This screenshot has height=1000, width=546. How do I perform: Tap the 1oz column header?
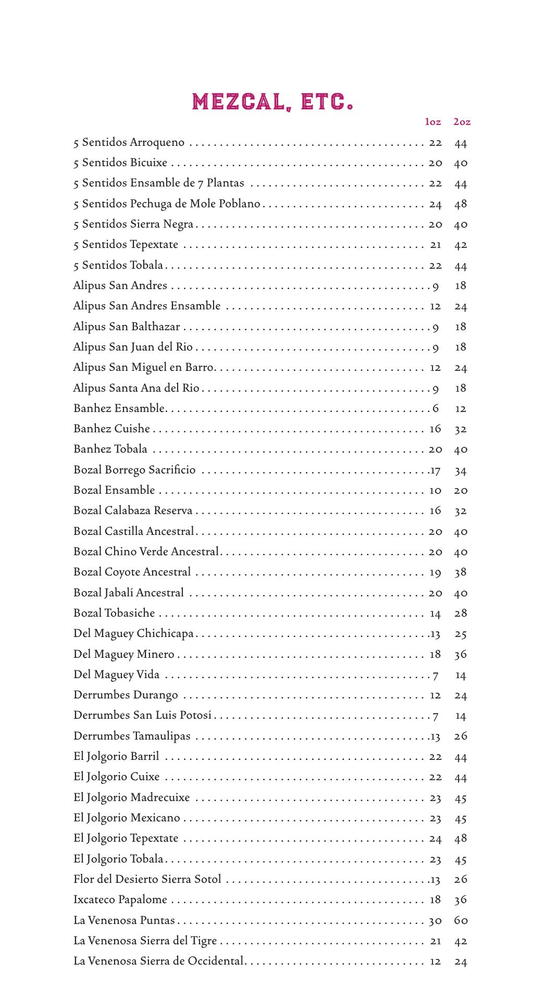pyautogui.click(x=433, y=122)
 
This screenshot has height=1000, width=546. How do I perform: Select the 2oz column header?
pyautogui.click(x=462, y=122)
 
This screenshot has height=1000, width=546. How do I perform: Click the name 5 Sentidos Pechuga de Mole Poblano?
pyautogui.click(x=167, y=204)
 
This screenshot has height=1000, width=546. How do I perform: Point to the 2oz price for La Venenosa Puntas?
pyautogui.click(x=461, y=920)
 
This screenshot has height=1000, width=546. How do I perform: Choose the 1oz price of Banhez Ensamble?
pyautogui.click(x=436, y=408)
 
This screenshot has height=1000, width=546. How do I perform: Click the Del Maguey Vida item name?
pyautogui.click(x=116, y=674)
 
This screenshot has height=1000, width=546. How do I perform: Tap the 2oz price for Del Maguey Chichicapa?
pyautogui.click(x=461, y=634)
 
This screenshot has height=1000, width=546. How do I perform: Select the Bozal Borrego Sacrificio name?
pyautogui.click(x=134, y=470)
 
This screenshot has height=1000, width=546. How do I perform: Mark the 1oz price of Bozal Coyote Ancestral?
pyautogui.click(x=435, y=572)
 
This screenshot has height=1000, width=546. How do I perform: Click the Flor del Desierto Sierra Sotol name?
pyautogui.click(x=147, y=879)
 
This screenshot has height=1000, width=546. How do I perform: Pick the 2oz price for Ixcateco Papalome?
pyautogui.click(x=461, y=899)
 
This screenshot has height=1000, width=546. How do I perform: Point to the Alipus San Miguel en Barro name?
pyautogui.click(x=143, y=367)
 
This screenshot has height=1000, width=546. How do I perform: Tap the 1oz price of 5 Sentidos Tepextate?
pyautogui.click(x=436, y=245)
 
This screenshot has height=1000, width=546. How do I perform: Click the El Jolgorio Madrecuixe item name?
pyautogui.click(x=132, y=797)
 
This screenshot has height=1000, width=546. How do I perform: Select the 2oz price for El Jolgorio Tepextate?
pyautogui.click(x=461, y=838)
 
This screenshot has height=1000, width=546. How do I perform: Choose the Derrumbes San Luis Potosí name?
pyautogui.click(x=143, y=715)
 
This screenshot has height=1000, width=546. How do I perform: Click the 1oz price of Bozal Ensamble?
pyautogui.click(x=435, y=490)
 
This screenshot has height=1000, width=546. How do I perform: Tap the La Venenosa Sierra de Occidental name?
pyautogui.click(x=158, y=961)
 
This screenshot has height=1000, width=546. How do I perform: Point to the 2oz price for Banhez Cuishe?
pyautogui.click(x=461, y=429)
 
